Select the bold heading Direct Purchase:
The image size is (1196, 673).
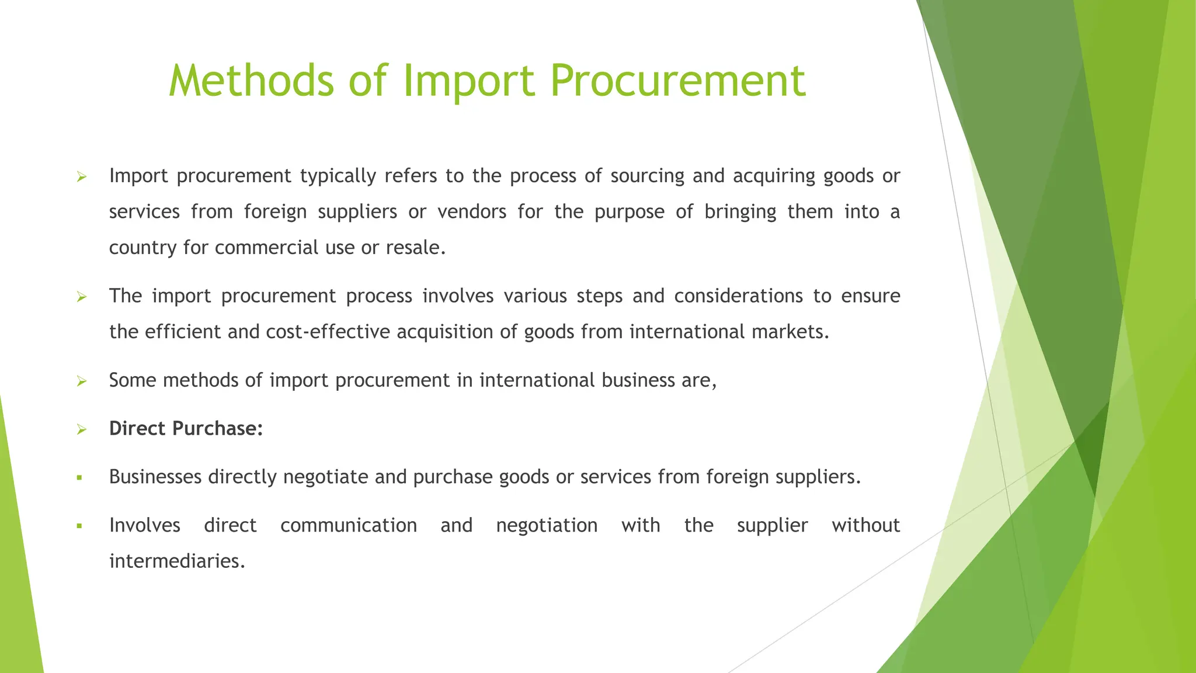(186, 429)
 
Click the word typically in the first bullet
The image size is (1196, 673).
(338, 176)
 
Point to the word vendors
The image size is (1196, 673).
(472, 211)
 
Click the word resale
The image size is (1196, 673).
(416, 248)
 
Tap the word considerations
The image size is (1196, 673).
(738, 296)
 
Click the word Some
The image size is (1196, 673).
(133, 380)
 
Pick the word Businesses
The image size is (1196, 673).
(155, 477)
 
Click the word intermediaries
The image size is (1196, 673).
(177, 561)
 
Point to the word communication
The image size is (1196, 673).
(349, 525)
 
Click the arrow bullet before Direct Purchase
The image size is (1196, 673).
(81, 430)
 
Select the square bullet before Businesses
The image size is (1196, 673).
(79, 478)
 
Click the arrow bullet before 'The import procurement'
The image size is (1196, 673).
(81, 297)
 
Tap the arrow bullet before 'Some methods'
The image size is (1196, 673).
(81, 381)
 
